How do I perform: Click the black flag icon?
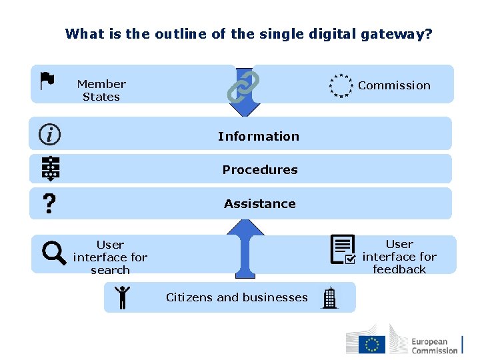[x=47, y=81]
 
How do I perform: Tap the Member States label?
[x=101, y=90]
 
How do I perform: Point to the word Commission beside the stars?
[x=394, y=85]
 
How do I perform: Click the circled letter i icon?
[x=50, y=135]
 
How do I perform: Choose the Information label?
[x=259, y=136]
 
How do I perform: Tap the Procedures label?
[x=260, y=169]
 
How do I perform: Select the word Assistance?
[x=260, y=203]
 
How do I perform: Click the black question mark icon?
[x=49, y=203]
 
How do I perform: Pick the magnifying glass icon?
[x=54, y=253]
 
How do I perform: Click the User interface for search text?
[x=110, y=257]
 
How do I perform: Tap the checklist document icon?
[x=343, y=250]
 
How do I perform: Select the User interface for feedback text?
[x=399, y=257]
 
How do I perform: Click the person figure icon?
[x=122, y=297]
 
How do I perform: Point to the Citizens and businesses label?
[x=237, y=297]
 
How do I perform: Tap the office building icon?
[x=329, y=298]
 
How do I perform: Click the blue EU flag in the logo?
[x=372, y=345]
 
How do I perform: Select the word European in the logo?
[x=429, y=341]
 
